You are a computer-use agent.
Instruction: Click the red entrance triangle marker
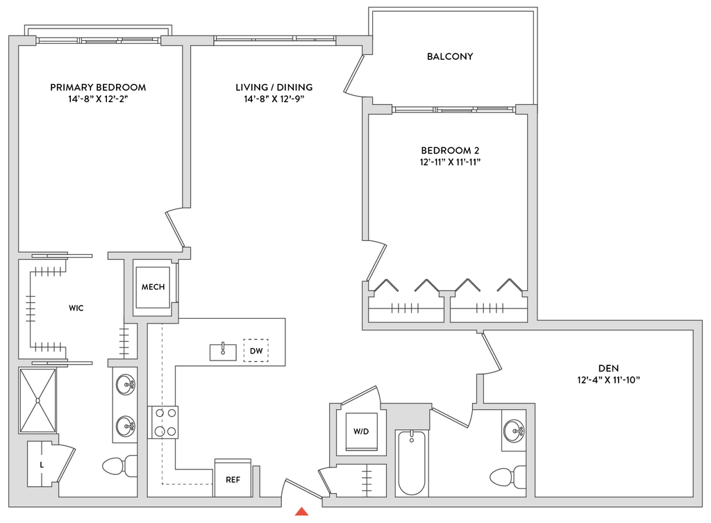[301, 512]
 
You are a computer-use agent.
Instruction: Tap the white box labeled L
[42, 463]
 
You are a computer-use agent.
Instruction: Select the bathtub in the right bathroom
[412, 463]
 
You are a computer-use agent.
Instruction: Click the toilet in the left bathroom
[118, 466]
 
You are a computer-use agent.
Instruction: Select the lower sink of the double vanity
[124, 424]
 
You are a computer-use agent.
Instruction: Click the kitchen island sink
[223, 351]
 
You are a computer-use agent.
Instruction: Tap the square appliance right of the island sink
[256, 349]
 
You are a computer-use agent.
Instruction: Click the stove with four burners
[164, 422]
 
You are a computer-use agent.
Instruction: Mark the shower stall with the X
[38, 399]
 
